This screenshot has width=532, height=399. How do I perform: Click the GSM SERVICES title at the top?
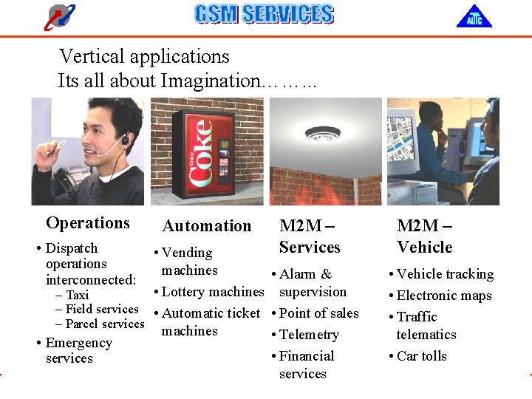264,14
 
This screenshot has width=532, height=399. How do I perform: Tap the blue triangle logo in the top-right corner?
474,16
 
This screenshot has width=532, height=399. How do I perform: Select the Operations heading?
87,223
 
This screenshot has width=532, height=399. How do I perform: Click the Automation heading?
207,226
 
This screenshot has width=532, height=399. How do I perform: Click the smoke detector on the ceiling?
323,134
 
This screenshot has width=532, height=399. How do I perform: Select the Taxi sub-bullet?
77,296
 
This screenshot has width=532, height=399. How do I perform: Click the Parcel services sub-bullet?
104,324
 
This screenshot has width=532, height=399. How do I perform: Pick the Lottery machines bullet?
213,293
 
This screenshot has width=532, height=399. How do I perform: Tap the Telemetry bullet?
309,335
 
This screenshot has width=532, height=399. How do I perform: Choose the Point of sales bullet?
318,313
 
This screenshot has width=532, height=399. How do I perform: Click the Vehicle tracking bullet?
445,274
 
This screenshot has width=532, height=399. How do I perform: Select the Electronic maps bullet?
444,296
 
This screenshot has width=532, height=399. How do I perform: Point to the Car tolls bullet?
421,356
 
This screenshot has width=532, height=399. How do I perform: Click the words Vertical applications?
144,56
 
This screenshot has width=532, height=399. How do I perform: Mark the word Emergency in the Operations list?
79,343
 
